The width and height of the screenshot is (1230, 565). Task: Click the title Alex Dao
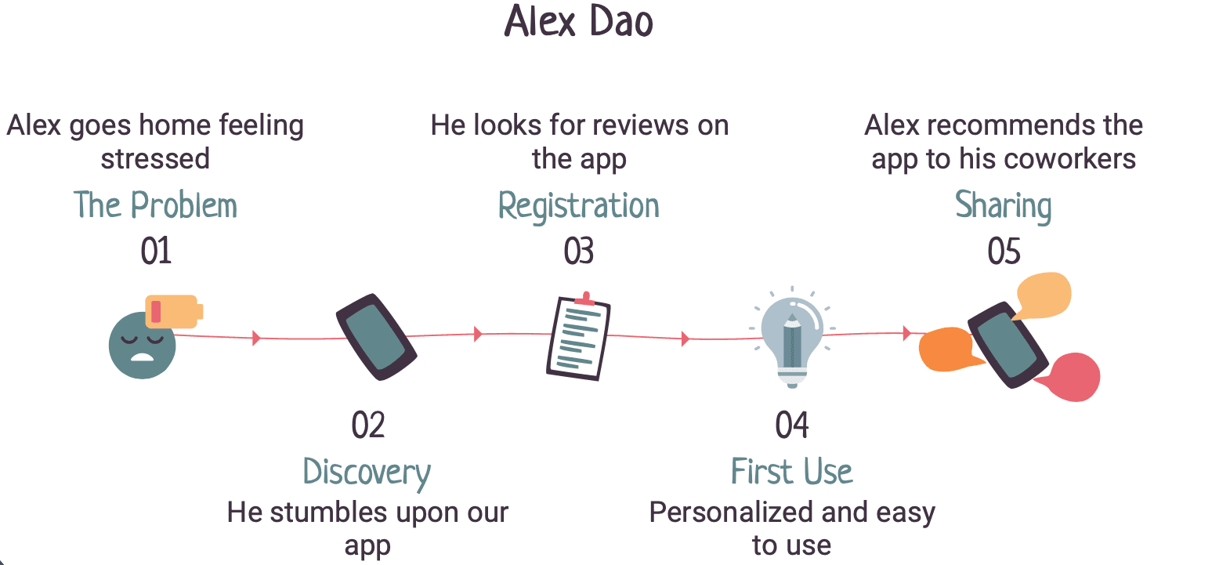[x=578, y=21]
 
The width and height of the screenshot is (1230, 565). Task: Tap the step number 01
[x=156, y=252]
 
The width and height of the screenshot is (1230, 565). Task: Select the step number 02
[x=368, y=426]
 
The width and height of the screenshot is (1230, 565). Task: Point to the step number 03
[x=579, y=252]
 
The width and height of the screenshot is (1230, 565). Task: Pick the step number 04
[x=791, y=426]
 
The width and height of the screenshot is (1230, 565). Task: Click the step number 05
[x=1004, y=252]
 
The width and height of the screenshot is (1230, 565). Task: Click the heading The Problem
[x=155, y=205]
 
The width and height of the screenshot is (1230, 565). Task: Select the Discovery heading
[x=367, y=473]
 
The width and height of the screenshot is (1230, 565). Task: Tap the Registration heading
[x=579, y=206]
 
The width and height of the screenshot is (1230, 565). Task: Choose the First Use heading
[x=791, y=472]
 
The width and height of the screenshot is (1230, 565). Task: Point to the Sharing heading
[x=1003, y=206]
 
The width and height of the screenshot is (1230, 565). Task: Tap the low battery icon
[x=174, y=311]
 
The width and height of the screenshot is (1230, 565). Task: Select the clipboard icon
[x=578, y=337]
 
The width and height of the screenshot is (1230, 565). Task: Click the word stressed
[x=155, y=159]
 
